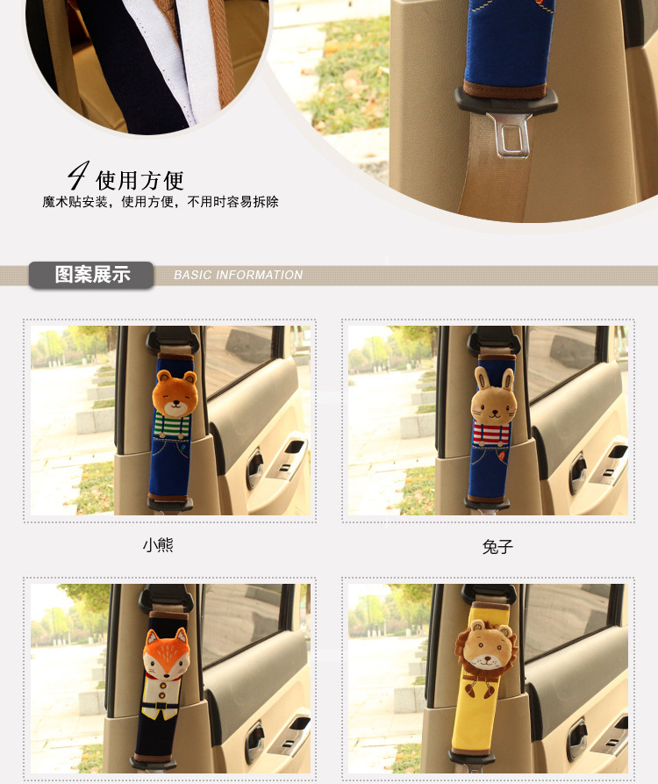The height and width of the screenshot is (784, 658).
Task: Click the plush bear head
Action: pyautogui.click(x=175, y=393)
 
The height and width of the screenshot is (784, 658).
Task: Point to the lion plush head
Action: pyautogui.click(x=486, y=649)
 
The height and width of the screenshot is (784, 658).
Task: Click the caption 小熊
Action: pyautogui.click(x=158, y=544)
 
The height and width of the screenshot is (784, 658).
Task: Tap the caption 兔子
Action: pyautogui.click(x=497, y=546)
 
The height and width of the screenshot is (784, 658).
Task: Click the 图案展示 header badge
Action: pyautogui.click(x=91, y=275)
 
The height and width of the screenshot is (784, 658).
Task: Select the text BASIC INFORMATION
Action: pyautogui.click(x=239, y=275)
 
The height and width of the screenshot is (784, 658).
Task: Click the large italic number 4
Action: pyautogui.click(x=78, y=176)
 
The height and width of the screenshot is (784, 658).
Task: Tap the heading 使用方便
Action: pyautogui.click(x=139, y=181)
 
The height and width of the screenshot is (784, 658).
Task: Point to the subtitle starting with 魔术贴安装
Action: pyautogui.click(x=161, y=202)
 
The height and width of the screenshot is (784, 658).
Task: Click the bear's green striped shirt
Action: pyautogui.click(x=172, y=426)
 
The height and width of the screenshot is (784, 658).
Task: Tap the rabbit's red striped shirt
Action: pyautogui.click(x=490, y=433)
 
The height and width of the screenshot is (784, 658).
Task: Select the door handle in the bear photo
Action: pyautogui.click(x=254, y=469)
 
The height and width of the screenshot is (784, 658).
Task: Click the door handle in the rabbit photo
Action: pyautogui.click(x=577, y=473)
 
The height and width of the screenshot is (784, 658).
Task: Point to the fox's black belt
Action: pyautogui.click(x=160, y=707)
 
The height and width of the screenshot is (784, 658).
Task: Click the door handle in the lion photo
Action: pyautogui.click(x=577, y=739)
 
